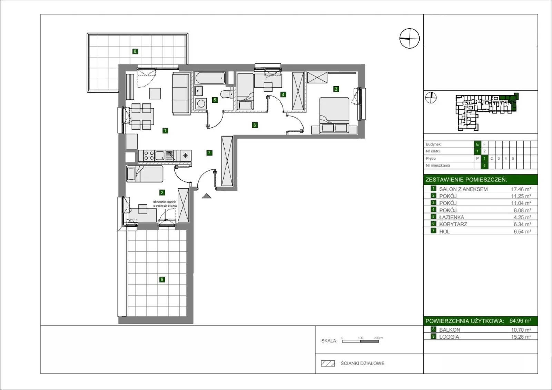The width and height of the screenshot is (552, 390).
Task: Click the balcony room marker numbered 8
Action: [x=135, y=51]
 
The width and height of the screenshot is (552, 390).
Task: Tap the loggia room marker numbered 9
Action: [x=162, y=279]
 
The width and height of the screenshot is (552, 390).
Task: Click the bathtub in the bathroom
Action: [x=210, y=78]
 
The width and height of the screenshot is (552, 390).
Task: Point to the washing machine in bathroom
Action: [x=200, y=104]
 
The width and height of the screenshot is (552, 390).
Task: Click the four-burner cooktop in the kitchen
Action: [x=149, y=156]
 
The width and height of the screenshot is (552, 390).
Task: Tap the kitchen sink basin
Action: [x=160, y=156]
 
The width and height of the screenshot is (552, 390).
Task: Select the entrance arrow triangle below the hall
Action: [x=207, y=196]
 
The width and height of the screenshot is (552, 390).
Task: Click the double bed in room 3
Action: [x=334, y=116]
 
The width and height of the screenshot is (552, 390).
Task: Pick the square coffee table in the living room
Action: [x=155, y=93]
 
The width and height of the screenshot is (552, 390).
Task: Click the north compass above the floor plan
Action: [x=409, y=38]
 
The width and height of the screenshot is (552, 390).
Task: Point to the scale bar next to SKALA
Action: [x=360, y=341]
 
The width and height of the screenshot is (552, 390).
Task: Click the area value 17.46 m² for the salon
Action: [x=521, y=189]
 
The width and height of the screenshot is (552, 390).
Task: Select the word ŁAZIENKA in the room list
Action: [x=452, y=217]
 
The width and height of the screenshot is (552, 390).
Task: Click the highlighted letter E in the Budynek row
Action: [x=477, y=144]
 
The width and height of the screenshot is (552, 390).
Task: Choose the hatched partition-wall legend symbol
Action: [x=328, y=363]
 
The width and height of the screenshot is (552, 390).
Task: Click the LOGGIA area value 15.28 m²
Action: [x=521, y=337]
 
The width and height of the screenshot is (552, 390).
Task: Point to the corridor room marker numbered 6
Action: [x=255, y=125]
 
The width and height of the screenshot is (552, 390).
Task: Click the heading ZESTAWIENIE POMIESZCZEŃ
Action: [x=466, y=180]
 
